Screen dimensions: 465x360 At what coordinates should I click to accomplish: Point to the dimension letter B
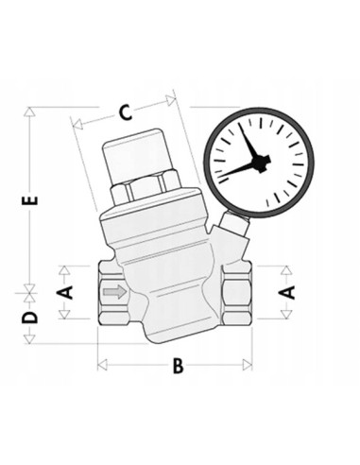177,367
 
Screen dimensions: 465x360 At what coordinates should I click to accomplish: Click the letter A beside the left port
65,291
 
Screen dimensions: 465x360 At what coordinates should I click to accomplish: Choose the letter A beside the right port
289,291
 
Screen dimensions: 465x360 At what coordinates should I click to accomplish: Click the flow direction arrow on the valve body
113,292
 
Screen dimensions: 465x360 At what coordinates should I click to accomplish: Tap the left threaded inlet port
107,292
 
